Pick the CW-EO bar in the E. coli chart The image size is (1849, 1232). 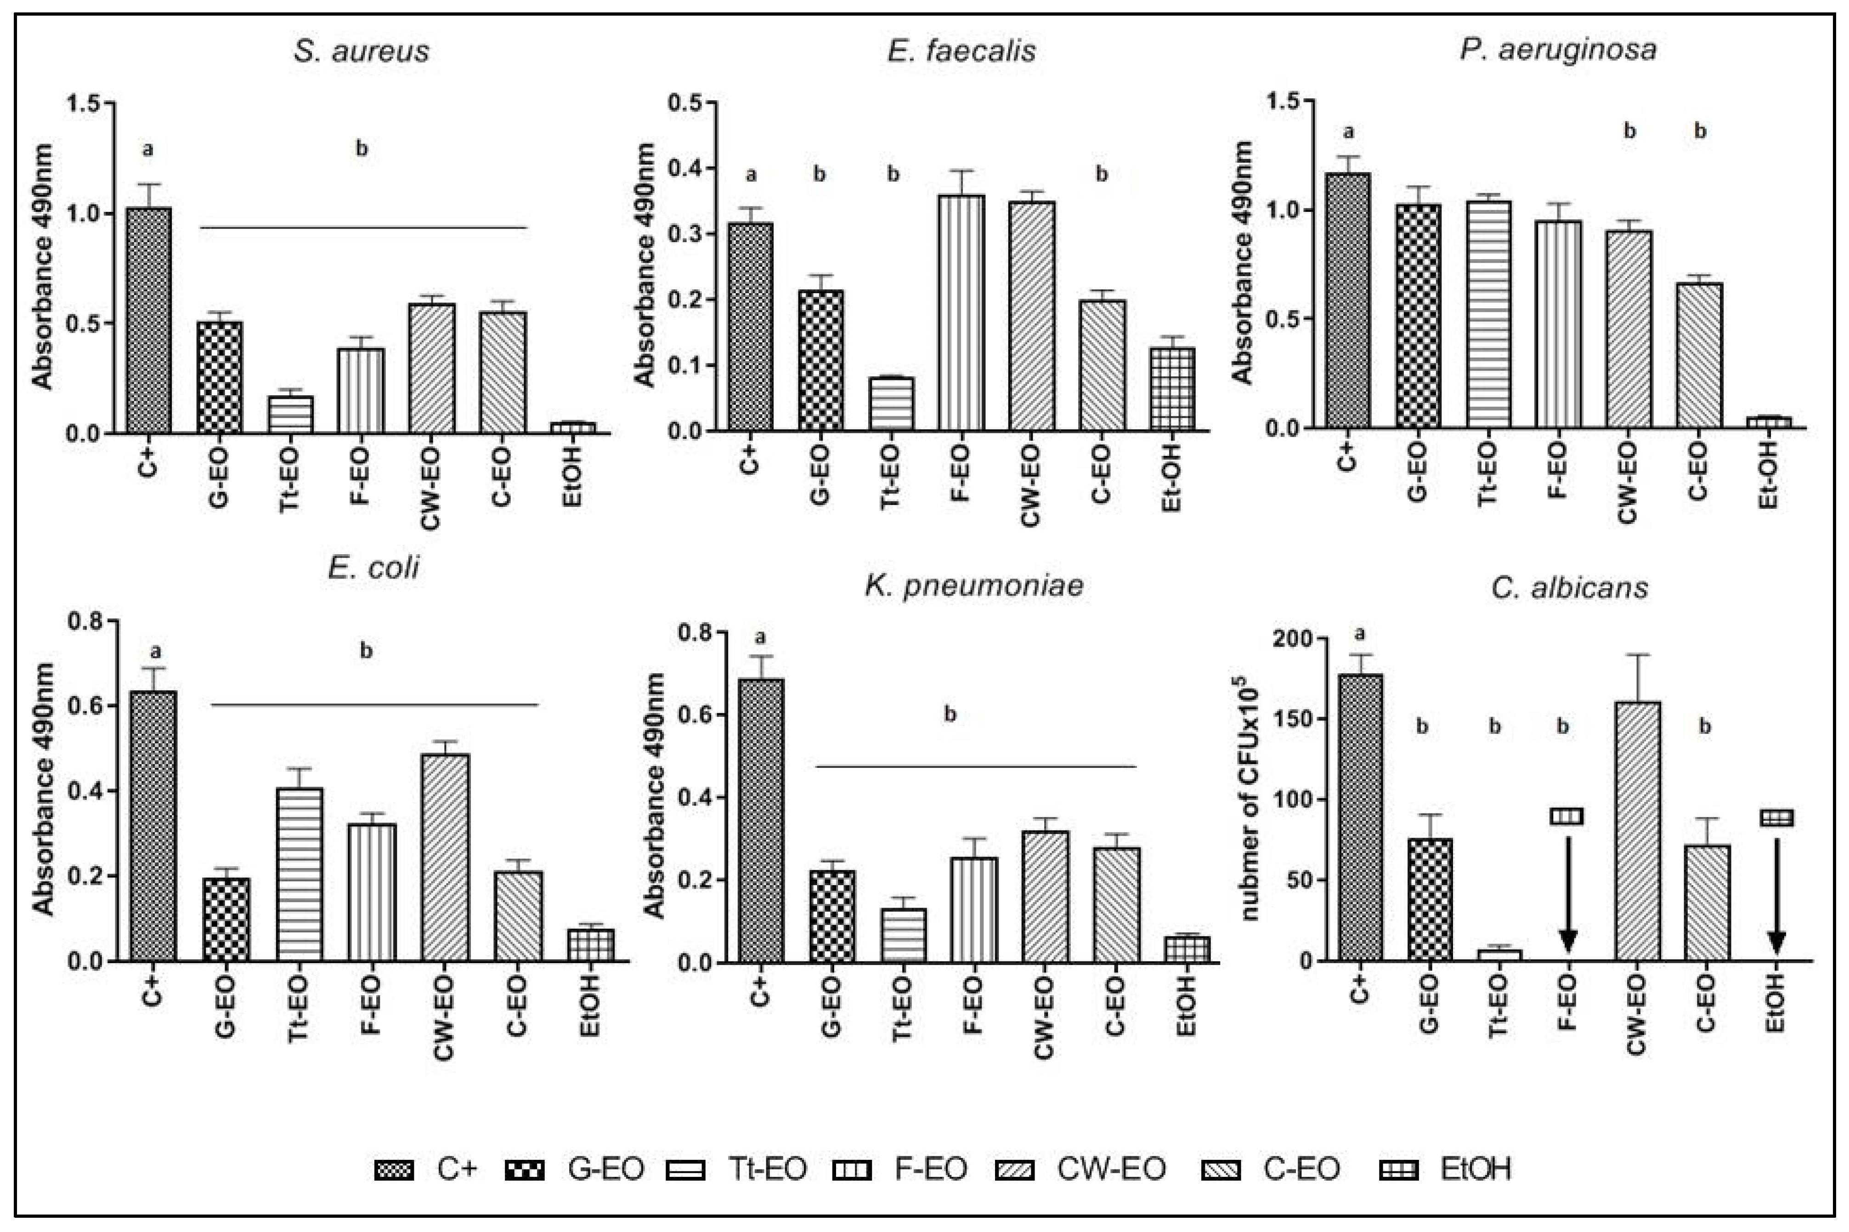coord(445,857)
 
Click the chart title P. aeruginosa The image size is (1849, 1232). coord(1558,50)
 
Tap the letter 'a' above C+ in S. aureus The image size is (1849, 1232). coord(147,148)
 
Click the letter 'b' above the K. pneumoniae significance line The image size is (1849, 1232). coord(950,714)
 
